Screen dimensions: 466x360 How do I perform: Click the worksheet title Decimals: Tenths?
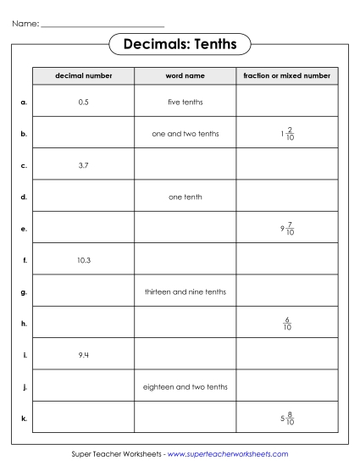pos(180,43)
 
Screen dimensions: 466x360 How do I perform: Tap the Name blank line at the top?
pos(102,26)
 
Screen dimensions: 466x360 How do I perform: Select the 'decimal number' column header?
pos(83,76)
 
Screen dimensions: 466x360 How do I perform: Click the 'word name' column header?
pos(185,76)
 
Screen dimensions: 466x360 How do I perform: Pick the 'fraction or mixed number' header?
pos(286,76)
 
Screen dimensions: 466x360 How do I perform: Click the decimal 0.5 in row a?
pos(83,102)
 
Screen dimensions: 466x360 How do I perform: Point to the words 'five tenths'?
pos(185,102)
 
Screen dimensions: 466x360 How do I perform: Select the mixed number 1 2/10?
pos(286,133)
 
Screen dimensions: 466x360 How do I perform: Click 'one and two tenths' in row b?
pos(185,133)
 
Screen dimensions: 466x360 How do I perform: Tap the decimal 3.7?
pos(83,165)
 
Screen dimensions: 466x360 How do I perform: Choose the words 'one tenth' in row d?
pos(185,197)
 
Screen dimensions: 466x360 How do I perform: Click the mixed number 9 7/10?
pos(286,228)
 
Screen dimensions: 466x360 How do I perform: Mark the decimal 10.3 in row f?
pos(83,260)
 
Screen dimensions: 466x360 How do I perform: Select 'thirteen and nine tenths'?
pos(185,291)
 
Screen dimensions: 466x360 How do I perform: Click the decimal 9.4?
pos(83,355)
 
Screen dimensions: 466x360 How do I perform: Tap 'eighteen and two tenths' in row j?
pos(185,386)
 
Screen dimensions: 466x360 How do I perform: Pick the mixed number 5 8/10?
pos(286,418)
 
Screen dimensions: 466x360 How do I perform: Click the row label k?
pos(24,418)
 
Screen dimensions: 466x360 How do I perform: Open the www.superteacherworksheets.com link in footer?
pos(228,454)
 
